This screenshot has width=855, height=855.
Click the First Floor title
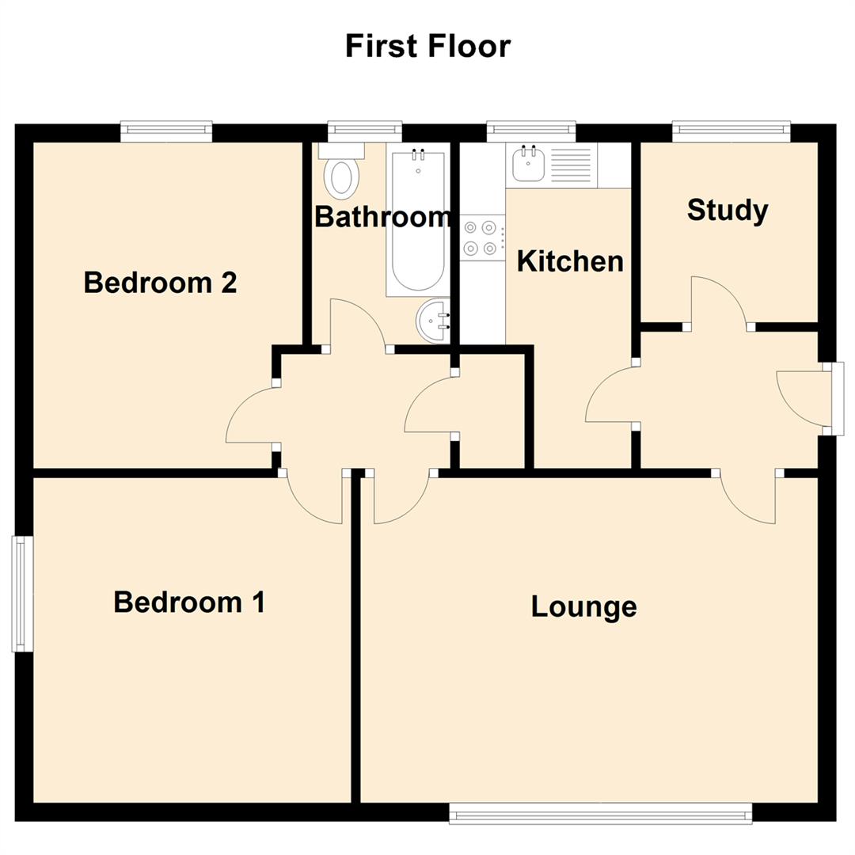pos(428,46)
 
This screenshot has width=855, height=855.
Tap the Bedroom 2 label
pos(160,283)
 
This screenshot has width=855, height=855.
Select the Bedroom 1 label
pos(189,602)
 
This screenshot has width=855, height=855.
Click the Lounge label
pos(584,607)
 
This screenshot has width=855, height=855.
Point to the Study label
pos(728,211)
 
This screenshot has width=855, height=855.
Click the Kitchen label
pos(570,261)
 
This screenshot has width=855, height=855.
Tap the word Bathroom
pos(383,217)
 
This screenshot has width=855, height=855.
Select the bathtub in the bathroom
pos(418,220)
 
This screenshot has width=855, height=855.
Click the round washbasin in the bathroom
pos(433,321)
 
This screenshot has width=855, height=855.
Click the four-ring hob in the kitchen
pos(482,237)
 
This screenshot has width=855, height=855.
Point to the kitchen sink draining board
pos(571,165)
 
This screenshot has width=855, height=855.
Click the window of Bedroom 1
pos(22,594)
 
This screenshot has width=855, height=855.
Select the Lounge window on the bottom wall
pos(600,813)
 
